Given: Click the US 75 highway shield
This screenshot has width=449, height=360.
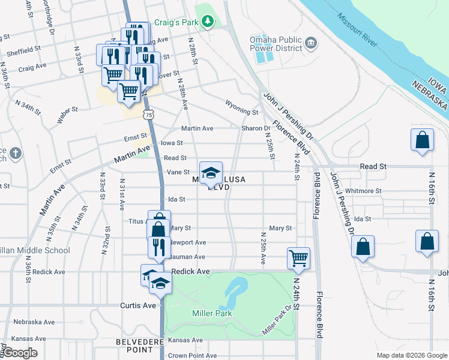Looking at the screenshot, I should click(x=148, y=114).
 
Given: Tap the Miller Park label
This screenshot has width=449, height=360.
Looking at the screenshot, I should click(x=208, y=314).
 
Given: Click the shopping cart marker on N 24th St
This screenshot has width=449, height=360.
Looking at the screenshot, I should click(x=298, y=259).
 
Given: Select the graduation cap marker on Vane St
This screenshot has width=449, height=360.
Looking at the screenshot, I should click(x=210, y=173).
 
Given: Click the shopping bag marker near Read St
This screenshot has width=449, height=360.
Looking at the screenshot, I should click(x=423, y=140).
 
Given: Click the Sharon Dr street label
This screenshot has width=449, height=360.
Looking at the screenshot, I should click(x=256, y=128).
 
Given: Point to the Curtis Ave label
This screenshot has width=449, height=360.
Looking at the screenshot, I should click(x=138, y=305).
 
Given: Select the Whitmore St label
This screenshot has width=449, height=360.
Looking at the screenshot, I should click(x=364, y=191).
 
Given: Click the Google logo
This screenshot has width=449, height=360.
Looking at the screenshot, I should click(x=21, y=353).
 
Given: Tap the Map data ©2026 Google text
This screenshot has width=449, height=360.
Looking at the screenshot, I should click(x=411, y=355).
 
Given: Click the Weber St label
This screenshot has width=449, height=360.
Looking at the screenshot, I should click(x=67, y=114).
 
